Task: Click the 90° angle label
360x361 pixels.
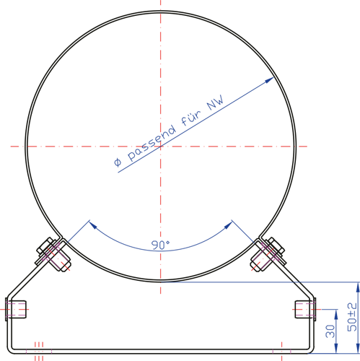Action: [160, 245]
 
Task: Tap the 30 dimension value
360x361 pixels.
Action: [330, 331]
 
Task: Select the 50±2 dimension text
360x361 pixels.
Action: [352, 317]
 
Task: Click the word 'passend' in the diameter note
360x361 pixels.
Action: [152, 142]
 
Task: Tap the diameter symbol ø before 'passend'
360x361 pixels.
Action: [118, 162]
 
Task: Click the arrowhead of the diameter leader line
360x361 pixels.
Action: [269, 80]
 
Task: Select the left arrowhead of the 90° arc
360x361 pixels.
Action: [92, 225]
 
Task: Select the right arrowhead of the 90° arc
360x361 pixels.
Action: [229, 225]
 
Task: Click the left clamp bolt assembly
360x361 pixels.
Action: [53, 254]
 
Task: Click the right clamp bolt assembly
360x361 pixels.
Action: [268, 254]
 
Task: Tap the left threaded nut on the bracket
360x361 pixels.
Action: [16, 310]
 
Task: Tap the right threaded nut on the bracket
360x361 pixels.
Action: [305, 310]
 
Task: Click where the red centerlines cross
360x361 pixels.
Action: [161, 146]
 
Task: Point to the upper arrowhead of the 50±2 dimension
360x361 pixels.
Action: [358, 287]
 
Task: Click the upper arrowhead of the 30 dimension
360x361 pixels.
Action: [336, 314]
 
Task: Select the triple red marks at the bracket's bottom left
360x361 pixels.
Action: [39, 351]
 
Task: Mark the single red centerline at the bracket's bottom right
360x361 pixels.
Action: [281, 351]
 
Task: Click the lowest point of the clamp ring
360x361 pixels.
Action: [161, 281]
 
